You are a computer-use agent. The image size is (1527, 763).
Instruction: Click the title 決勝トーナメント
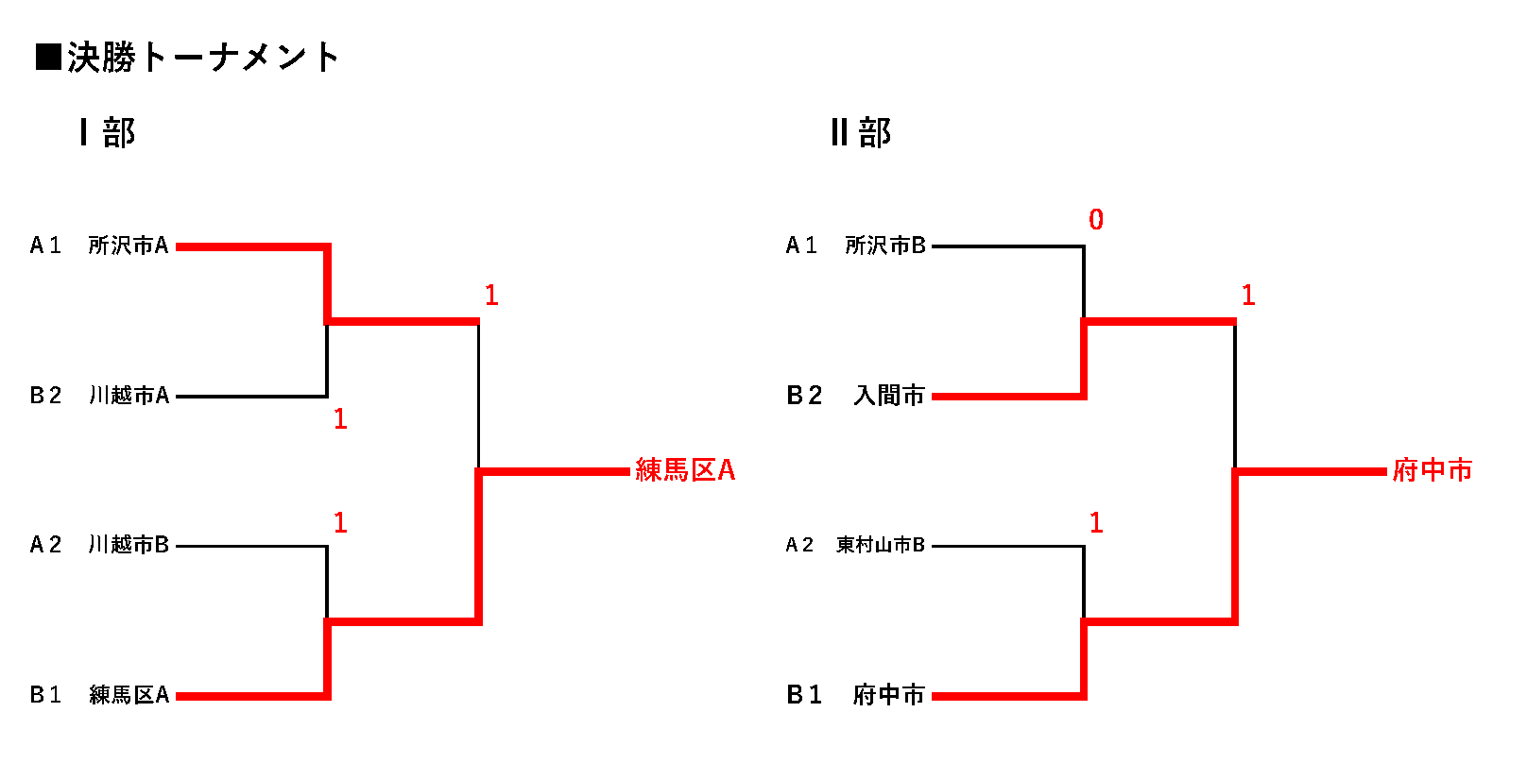coord(202,58)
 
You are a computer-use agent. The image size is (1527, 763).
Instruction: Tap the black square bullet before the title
coord(48,58)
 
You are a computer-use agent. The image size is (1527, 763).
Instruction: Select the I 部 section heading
coord(108,132)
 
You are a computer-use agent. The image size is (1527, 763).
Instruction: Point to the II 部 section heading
coord(861,132)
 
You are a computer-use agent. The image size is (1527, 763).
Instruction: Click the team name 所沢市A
coord(129,246)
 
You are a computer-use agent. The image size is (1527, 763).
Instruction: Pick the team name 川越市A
coord(129,396)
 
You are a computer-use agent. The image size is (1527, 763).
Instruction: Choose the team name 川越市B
coord(129,545)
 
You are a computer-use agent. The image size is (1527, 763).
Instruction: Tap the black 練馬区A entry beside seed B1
coord(129,695)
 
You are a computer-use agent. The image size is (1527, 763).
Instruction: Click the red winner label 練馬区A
coord(685,470)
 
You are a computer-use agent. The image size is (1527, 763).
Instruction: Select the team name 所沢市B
coord(885,246)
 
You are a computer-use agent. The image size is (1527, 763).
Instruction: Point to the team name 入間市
coord(889,396)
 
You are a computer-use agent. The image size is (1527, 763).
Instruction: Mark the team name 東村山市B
coord(881,545)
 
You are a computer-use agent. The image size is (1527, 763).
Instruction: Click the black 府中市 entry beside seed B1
coord(889,695)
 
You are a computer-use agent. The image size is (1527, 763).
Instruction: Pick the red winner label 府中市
coord(1433,470)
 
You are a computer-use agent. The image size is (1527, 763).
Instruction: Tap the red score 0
coord(1096,220)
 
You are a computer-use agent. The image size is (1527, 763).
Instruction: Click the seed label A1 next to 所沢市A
coord(45,246)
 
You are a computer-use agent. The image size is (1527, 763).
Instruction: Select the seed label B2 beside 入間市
coord(804,396)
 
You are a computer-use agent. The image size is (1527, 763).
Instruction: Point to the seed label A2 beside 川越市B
coord(45,545)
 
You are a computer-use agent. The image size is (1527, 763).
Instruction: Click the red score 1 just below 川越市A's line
coord(340,419)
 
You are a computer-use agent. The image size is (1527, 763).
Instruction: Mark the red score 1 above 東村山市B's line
coord(1096,523)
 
